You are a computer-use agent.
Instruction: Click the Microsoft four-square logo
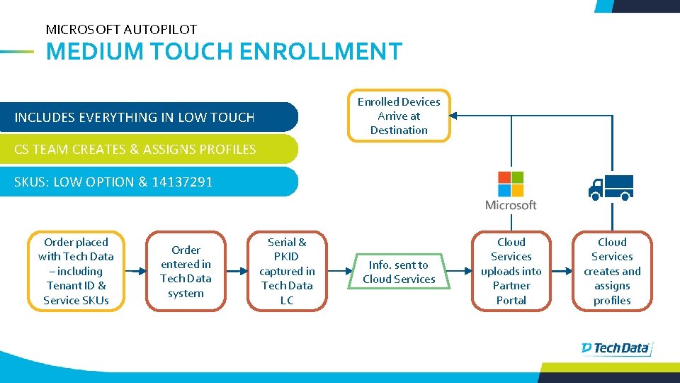(511, 184)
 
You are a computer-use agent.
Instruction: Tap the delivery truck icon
(611, 187)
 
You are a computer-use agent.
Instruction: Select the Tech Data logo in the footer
(615, 348)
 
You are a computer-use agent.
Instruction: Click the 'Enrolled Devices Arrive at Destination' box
(399, 116)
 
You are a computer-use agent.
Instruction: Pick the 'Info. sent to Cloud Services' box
(399, 272)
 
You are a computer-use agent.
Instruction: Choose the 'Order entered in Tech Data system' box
(186, 272)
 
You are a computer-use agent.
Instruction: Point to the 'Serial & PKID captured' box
(287, 272)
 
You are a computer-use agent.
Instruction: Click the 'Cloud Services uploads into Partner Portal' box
(511, 272)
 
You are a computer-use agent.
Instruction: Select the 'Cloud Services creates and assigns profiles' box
(612, 272)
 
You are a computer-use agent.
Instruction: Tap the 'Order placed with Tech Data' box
(76, 272)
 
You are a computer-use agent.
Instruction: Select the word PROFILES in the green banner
(227, 149)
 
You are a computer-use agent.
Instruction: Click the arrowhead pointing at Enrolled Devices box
(455, 115)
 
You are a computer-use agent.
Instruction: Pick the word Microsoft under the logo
(511, 205)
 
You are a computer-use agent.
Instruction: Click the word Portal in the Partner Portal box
(511, 300)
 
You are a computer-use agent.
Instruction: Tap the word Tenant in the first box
(65, 286)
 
